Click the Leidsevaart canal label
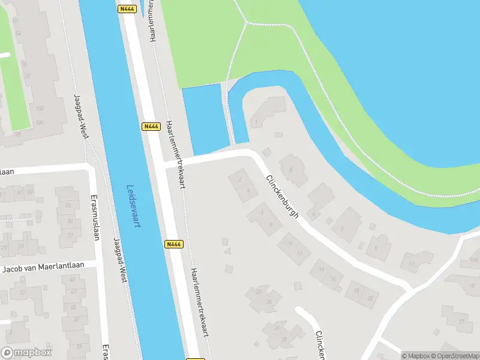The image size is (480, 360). (133, 206)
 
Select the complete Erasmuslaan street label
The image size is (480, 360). (94, 217)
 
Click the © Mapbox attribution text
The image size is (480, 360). (415, 356)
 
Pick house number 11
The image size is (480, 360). (412, 263)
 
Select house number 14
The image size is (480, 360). (322, 269)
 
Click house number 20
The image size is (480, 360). (370, 298)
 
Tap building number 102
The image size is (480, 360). (40, 109)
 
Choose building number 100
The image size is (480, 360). (40, 123)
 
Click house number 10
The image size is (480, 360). (290, 243)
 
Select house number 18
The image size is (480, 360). (356, 291)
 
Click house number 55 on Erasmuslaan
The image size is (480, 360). (68, 205)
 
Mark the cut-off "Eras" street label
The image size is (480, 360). (106, 351)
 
